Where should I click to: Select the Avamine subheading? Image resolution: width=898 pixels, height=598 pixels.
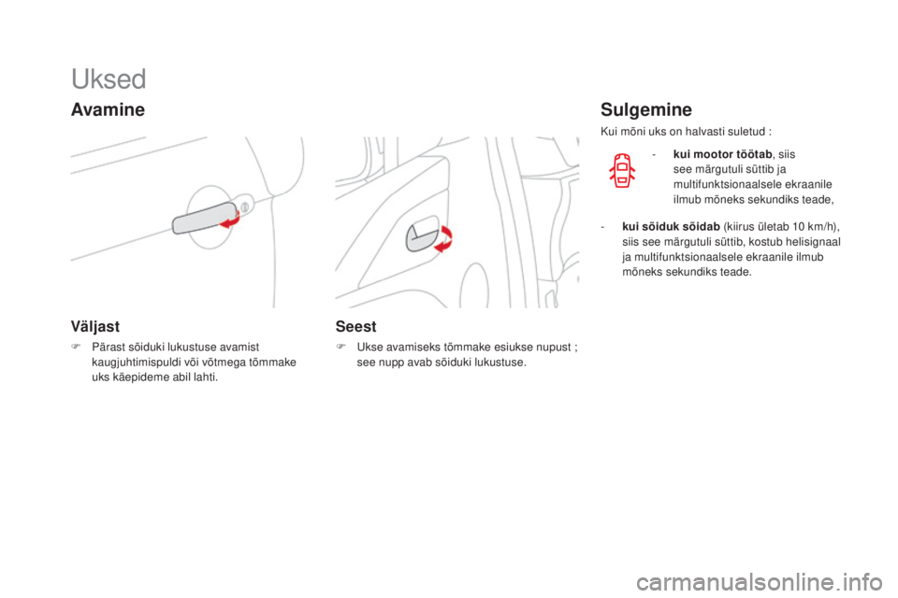click(x=108, y=110)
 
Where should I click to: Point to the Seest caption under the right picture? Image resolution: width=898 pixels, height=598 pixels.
click(x=357, y=326)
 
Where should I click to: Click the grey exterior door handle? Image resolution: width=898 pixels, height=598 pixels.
click(x=197, y=221)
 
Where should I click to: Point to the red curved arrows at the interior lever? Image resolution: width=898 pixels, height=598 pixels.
click(x=446, y=236)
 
